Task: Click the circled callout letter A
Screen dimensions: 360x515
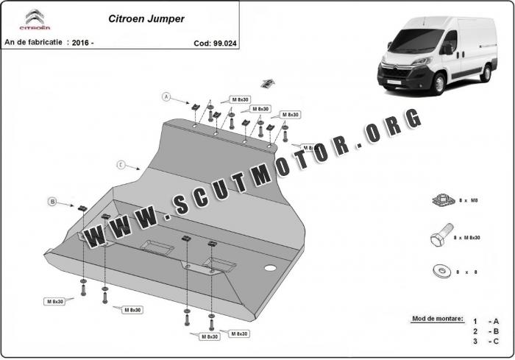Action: click(167, 96)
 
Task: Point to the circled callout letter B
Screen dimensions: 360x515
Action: click(52, 201)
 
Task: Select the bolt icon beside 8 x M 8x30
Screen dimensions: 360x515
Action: click(438, 237)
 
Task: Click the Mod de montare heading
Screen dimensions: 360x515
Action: click(437, 319)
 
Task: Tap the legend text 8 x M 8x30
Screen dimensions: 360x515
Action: click(466, 237)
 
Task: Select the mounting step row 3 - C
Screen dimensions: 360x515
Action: click(486, 342)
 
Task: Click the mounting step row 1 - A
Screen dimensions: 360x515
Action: click(486, 321)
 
